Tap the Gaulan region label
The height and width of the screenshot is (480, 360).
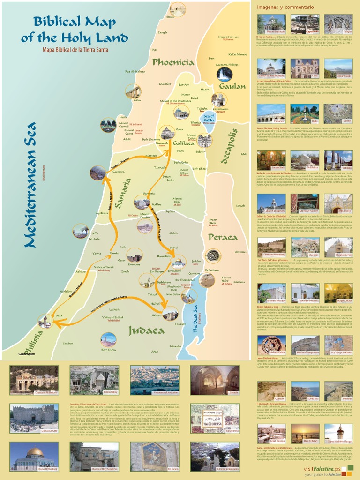point(232,86)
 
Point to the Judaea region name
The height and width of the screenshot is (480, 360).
point(146,330)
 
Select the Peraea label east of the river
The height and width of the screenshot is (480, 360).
point(223,237)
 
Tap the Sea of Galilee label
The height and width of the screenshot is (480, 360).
point(209,118)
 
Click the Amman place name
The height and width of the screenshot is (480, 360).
point(240,252)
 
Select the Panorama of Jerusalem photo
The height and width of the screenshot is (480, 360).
point(154,379)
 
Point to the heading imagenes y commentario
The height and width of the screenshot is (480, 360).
point(285,7)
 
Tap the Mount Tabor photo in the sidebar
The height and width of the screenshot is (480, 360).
point(338,67)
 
